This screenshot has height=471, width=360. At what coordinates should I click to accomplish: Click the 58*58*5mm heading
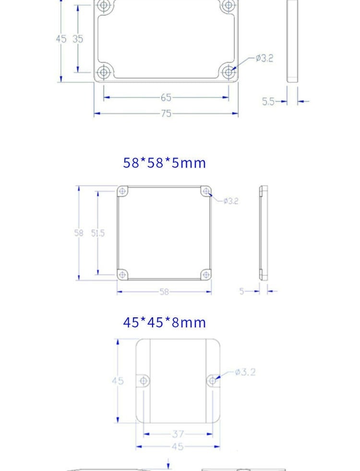coord(164,163)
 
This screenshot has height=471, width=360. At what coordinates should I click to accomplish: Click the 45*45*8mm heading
coord(164,322)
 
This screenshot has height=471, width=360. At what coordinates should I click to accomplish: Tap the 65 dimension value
coord(166,97)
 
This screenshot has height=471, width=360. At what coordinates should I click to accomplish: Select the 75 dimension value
coord(166,113)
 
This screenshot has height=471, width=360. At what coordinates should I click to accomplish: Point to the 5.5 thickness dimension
coord(268,101)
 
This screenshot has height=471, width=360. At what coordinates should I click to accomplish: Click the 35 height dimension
coord(78,39)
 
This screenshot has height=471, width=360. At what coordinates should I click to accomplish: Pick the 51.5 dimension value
coord(98,233)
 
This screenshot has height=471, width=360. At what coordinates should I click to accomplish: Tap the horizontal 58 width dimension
coord(164,291)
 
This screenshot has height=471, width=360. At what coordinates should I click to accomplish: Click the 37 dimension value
coord(178,434)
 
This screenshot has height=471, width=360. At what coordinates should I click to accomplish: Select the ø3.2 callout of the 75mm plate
coord(264,58)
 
